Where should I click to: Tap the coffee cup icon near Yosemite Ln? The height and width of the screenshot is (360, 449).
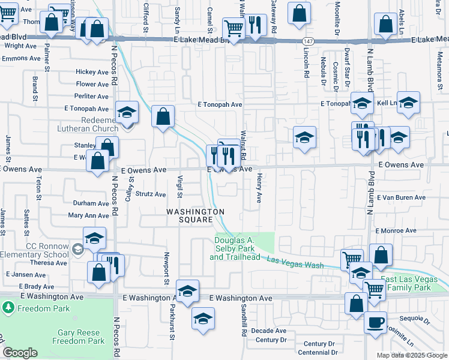tap(376, 322)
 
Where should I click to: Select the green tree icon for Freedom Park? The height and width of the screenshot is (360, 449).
tap(8, 308)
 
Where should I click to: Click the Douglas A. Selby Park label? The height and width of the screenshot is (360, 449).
tap(235, 248)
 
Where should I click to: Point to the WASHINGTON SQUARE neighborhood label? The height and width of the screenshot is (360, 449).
tap(196, 215)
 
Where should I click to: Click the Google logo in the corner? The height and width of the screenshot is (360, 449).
tap(20, 352)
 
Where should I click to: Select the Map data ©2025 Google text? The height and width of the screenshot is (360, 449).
tap(412, 355)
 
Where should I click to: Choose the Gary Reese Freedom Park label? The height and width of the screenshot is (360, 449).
tap(81, 337)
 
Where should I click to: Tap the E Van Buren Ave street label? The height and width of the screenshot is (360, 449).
tap(401, 197)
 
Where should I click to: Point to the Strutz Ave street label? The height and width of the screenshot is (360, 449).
tap(150, 194)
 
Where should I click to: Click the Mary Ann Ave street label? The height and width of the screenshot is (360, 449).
tap(88, 215)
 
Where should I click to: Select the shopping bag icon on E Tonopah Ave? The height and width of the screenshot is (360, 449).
tap(163, 116)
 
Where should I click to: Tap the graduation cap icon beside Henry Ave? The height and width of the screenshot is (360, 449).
tap(304, 137)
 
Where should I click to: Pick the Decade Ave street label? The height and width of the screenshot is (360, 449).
tap(268, 331)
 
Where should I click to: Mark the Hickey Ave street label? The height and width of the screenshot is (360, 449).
tap(92, 72)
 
